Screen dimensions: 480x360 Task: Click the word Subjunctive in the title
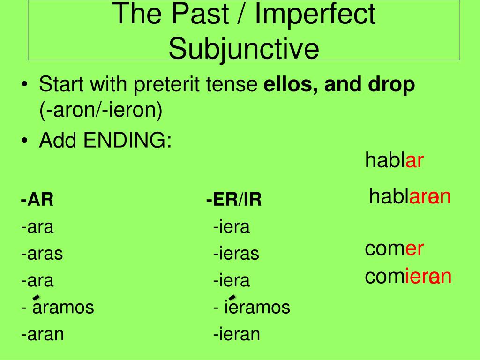244,49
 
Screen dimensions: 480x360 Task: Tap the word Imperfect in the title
315,14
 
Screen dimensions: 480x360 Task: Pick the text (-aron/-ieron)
101,110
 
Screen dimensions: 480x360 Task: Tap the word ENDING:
127,140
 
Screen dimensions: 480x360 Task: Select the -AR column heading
37,200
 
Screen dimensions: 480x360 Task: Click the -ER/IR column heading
234,200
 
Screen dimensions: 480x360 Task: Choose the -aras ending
42,254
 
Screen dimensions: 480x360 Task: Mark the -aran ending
43,334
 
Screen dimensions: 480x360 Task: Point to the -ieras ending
236,254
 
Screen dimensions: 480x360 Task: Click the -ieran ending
237,334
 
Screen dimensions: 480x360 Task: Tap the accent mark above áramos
36,298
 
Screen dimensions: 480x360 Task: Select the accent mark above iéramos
232,298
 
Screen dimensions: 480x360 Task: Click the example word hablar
394,160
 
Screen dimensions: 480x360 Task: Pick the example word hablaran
410,196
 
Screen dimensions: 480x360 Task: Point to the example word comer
394,248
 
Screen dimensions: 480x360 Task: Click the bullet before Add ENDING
24,141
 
